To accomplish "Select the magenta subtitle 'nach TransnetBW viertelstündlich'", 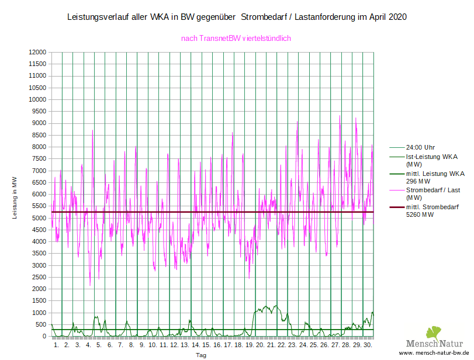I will (x=236, y=39).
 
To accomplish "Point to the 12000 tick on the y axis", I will (x=37, y=53).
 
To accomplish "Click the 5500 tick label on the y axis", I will (x=37, y=206).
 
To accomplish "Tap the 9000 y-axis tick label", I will (x=37, y=123).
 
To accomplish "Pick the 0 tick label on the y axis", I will (x=43, y=337).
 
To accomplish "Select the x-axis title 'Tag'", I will (x=201, y=355).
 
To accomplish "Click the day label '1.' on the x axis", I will (x=57, y=345).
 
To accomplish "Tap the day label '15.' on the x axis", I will (x=206, y=345).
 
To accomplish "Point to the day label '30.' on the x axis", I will (x=368, y=345).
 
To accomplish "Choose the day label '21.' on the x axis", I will (x=271, y=345).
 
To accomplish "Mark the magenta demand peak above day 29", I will (x=356, y=118).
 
